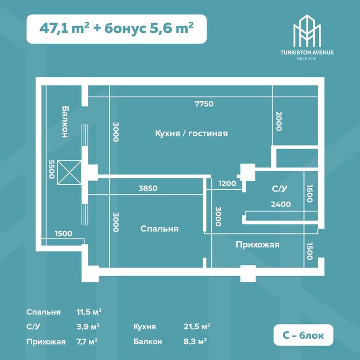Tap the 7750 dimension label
coord(204,104)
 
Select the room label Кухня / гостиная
coord(191,133)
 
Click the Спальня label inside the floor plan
coord(159,229)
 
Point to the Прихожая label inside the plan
coord(257,244)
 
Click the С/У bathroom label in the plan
coord(279,189)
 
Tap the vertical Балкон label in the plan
coord(65,122)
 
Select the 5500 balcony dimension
coord(51,169)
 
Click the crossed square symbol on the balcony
coord(69,172)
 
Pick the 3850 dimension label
coord(148,188)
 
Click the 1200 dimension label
coord(227,184)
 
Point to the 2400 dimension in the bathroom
coord(281,204)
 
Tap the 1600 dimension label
coord(310,193)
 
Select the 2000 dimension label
coord(279,121)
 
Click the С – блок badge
coord(303,335)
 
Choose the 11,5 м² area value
coord(89,312)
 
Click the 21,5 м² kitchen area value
coord(197,327)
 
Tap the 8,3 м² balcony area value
coord(195,341)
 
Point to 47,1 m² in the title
coord(64,28)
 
